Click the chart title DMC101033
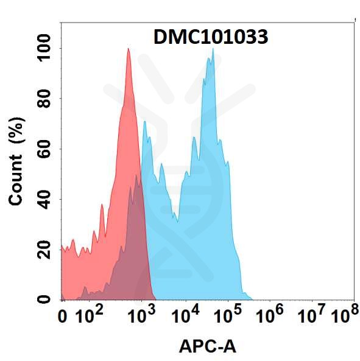tap(209, 38)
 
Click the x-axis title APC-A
tap(207, 346)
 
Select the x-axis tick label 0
tap(62, 317)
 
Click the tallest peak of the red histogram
tap(129, 49)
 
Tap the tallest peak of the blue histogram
tap(213, 49)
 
